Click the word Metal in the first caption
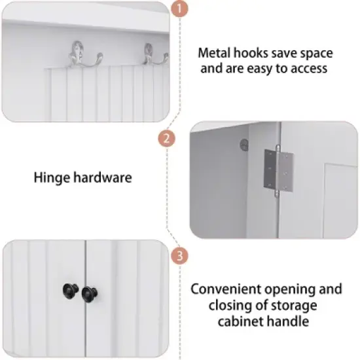215,53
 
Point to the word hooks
253,53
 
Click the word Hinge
49,176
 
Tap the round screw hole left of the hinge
243,141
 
